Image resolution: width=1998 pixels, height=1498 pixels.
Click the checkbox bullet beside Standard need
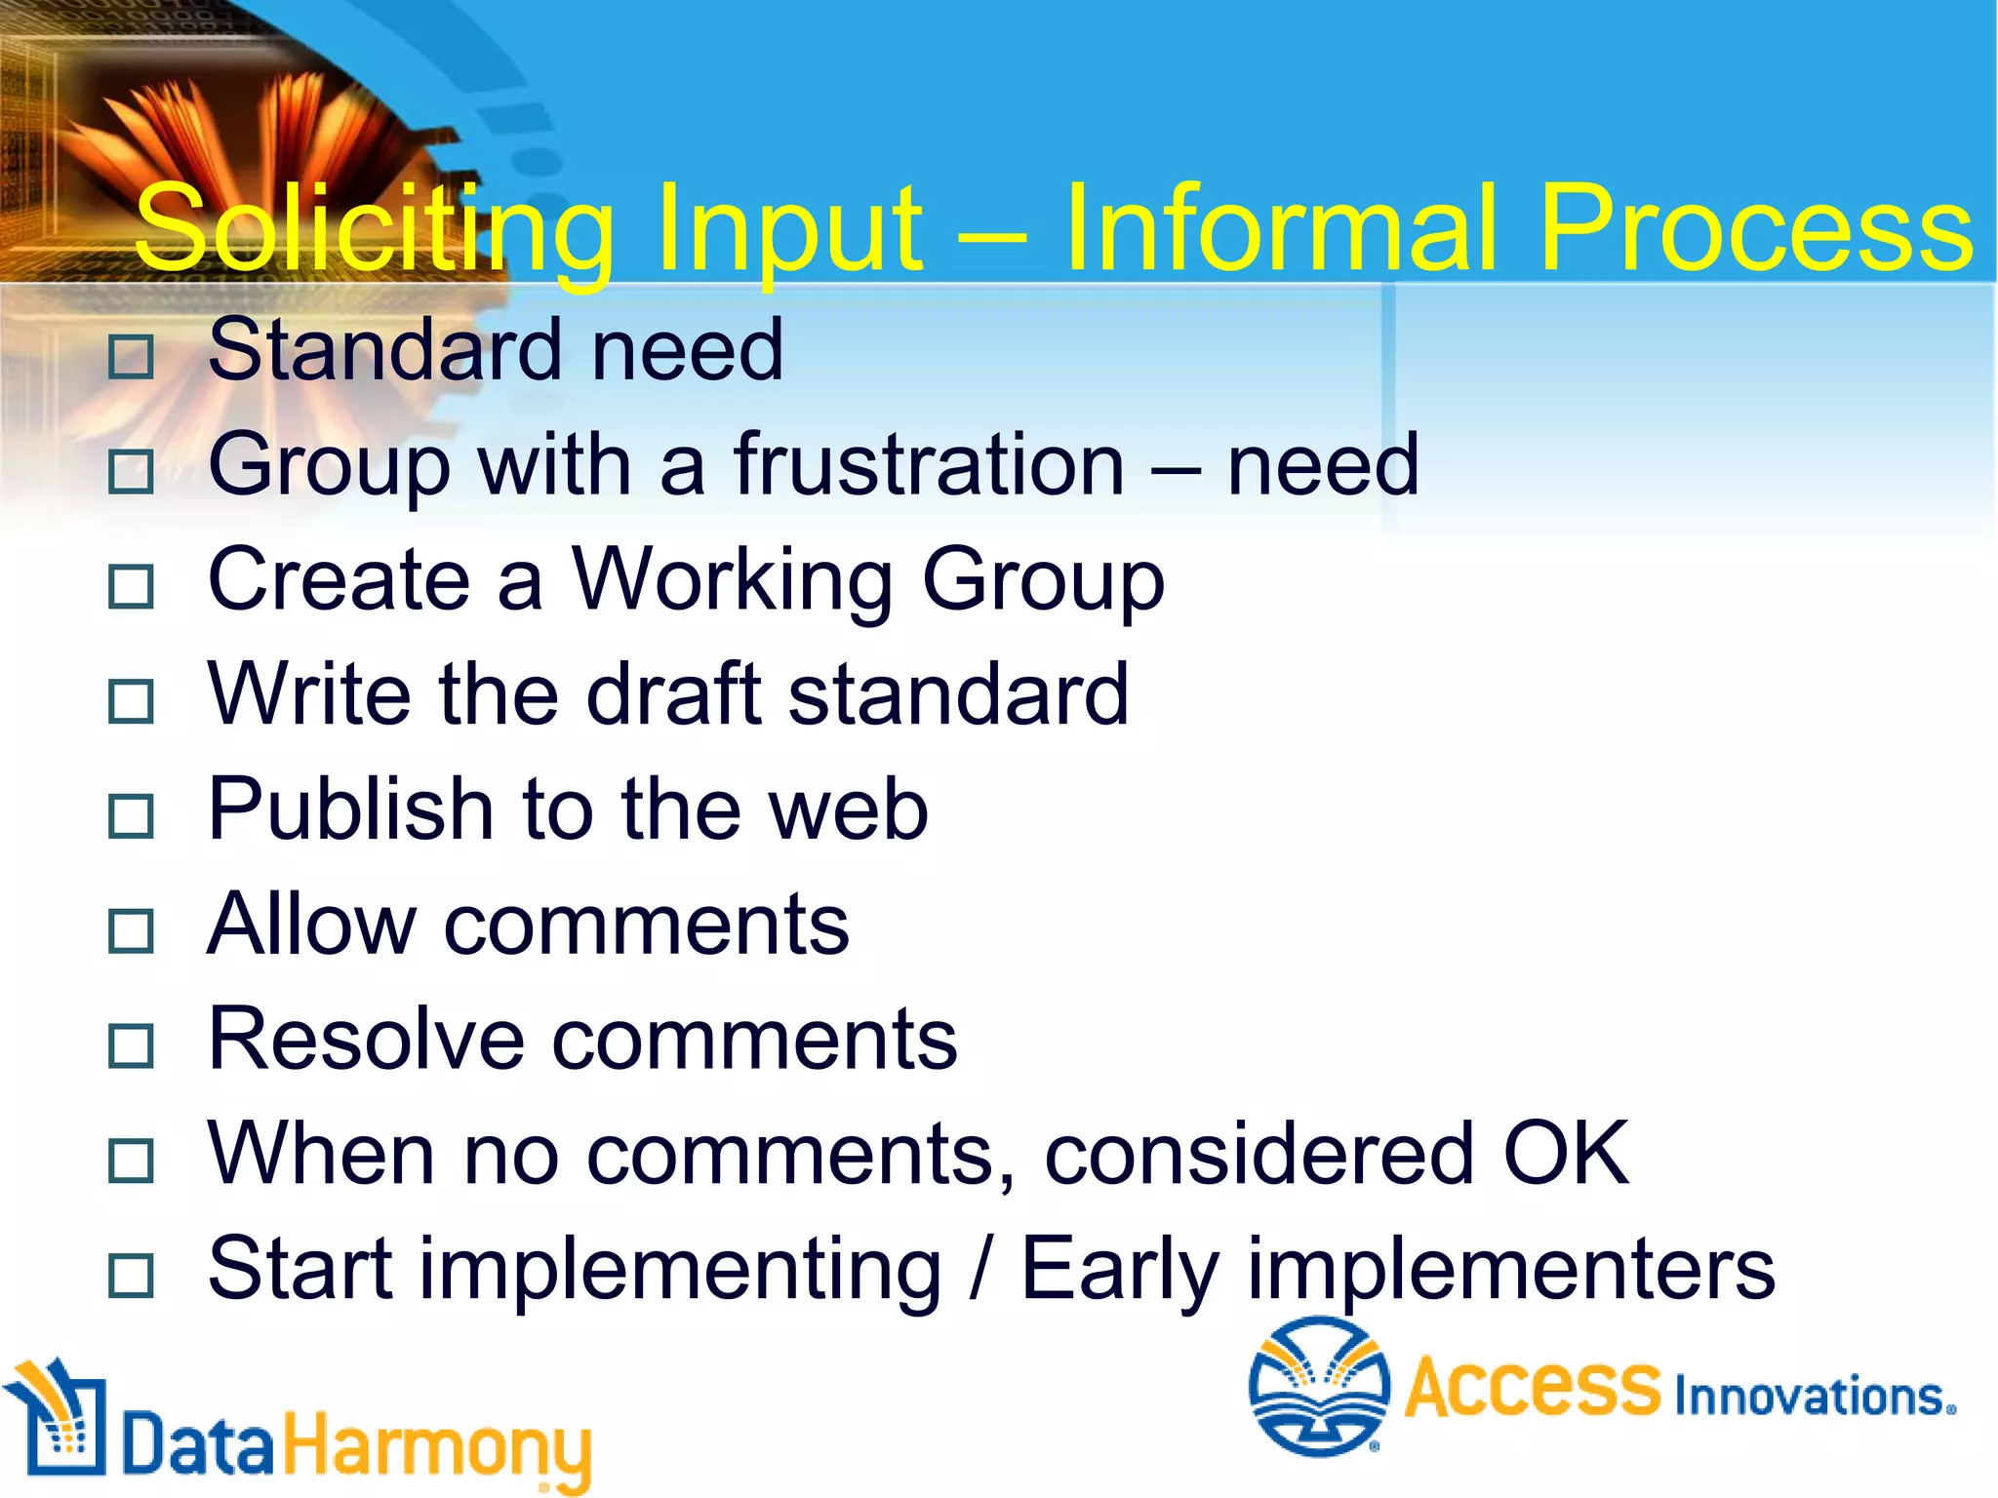tap(131, 357)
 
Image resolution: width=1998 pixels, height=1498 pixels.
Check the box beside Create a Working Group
tap(131, 587)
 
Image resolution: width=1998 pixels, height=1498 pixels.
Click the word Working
tap(732, 581)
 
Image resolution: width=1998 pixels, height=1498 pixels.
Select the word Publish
tap(351, 809)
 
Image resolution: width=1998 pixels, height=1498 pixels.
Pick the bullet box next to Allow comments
tap(131, 930)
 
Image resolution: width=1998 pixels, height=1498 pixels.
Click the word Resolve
tap(366, 1039)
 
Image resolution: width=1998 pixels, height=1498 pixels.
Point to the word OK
tap(1565, 1153)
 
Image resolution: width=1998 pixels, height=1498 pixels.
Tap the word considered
tap(1259, 1155)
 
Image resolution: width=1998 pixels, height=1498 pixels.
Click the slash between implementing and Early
tap(979, 1270)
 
